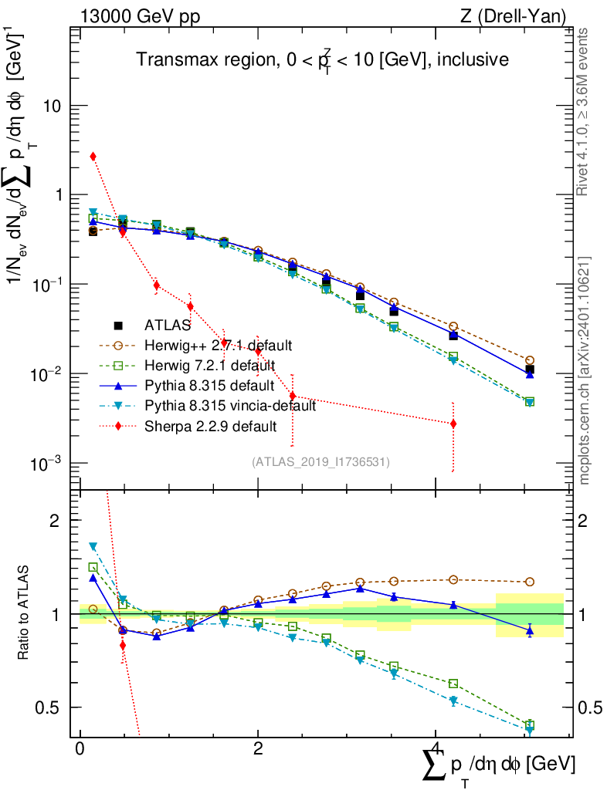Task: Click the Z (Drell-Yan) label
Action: click(x=523, y=15)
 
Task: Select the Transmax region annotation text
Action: click(x=322, y=60)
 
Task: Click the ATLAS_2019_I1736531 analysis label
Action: click(x=320, y=462)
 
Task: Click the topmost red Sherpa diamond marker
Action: click(x=93, y=157)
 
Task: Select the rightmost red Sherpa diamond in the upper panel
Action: click(x=453, y=424)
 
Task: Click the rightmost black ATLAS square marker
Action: click(x=529, y=370)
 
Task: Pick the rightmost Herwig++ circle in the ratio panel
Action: click(x=529, y=582)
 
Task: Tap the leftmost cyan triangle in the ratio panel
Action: click(x=93, y=546)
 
